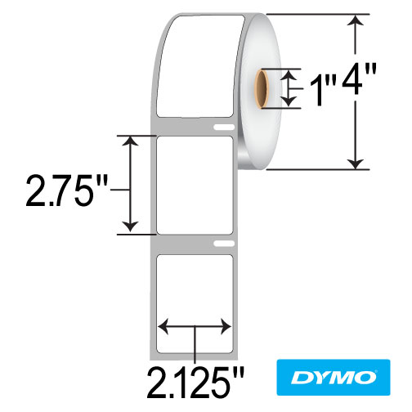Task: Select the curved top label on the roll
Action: [196, 65]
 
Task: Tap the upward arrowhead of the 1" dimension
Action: [290, 74]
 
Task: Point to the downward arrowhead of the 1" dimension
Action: [290, 102]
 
